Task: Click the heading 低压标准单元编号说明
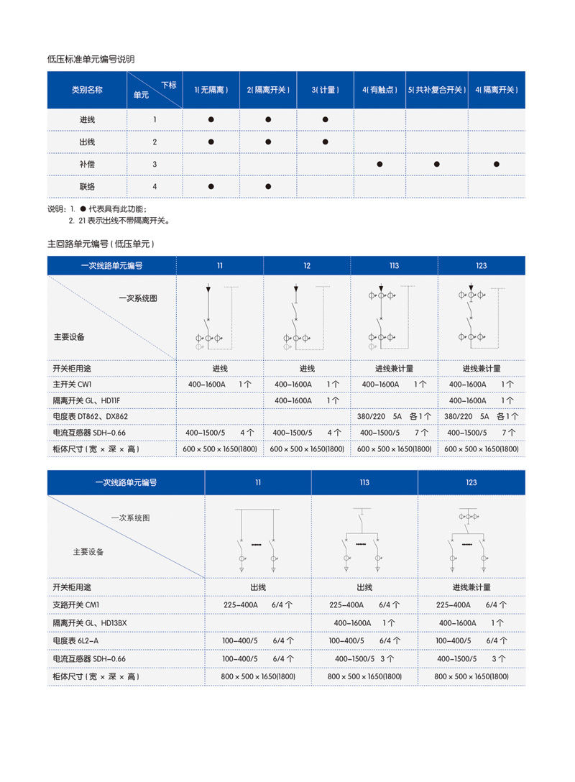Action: (x=91, y=59)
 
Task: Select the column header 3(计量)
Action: (x=325, y=91)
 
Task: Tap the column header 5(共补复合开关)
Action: (x=436, y=91)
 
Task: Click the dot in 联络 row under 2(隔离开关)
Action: (x=268, y=186)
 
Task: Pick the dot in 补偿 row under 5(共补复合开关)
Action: (x=436, y=164)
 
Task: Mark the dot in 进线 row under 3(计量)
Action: (x=325, y=119)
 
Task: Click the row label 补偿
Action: (x=87, y=164)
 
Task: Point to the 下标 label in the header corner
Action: (x=168, y=85)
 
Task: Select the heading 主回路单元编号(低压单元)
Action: (x=101, y=244)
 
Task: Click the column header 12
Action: (x=307, y=266)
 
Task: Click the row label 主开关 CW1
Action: (x=73, y=385)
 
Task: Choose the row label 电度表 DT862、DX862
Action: (x=89, y=416)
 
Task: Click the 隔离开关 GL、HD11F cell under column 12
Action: (x=307, y=400)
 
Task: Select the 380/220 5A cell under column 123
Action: (x=481, y=416)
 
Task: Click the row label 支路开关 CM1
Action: (x=75, y=605)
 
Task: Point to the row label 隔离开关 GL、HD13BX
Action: (x=90, y=623)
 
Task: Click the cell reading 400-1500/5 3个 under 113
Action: (x=364, y=658)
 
